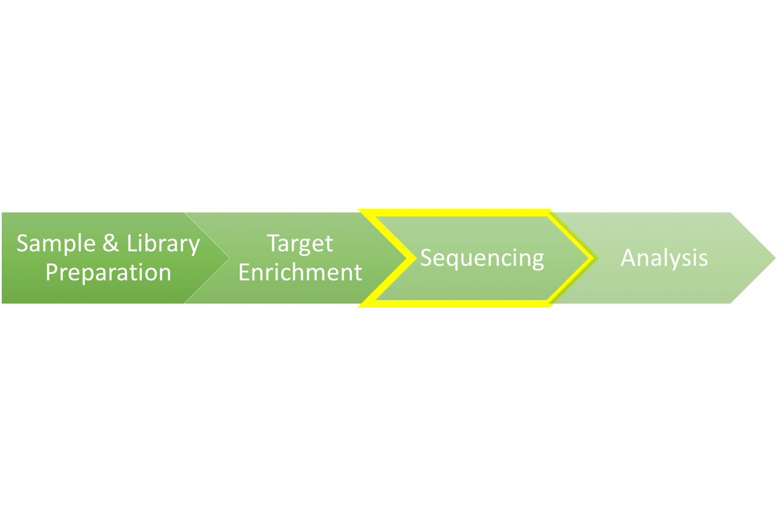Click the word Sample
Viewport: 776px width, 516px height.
(56, 243)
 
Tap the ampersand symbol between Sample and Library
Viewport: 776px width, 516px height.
(110, 243)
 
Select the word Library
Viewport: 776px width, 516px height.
(163, 244)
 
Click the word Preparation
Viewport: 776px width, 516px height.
(108, 272)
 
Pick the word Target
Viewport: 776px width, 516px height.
(300, 243)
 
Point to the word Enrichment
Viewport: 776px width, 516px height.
(300, 272)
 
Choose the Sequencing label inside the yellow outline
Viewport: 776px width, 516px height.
(482, 258)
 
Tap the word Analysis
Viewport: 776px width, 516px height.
(664, 258)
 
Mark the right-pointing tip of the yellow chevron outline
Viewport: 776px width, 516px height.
(594, 258)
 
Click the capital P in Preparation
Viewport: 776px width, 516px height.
(51, 272)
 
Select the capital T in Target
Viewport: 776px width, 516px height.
(273, 243)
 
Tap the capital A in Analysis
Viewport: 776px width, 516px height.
(628, 258)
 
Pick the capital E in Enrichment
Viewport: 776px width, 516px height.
(245, 272)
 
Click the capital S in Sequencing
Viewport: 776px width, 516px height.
(426, 258)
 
